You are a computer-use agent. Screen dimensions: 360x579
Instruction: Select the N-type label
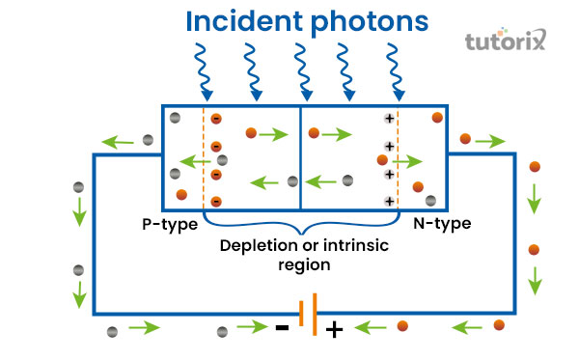441,224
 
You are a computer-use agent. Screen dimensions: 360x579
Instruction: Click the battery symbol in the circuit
307,314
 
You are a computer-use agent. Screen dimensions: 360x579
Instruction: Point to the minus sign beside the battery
281,327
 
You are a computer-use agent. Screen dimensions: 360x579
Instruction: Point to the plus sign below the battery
334,330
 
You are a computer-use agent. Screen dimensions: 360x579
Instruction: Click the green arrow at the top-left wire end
122,141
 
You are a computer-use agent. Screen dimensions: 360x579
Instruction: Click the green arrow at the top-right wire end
490,141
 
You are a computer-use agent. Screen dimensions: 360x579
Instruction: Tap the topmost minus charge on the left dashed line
216,119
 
